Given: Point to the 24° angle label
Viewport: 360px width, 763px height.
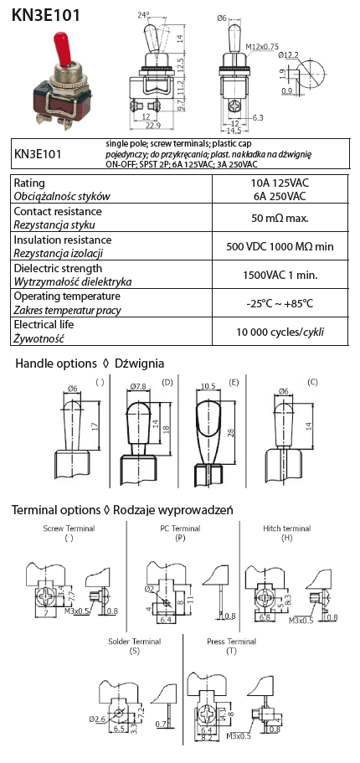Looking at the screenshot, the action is pyautogui.click(x=142, y=15).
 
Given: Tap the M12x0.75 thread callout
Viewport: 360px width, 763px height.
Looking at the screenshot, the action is pyautogui.click(x=262, y=47).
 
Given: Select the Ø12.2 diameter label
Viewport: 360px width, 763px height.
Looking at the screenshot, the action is pyautogui.click(x=289, y=55).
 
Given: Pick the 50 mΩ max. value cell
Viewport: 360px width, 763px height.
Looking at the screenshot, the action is pyautogui.click(x=280, y=218).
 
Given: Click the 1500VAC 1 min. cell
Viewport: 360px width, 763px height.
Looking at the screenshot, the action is pyautogui.click(x=280, y=275).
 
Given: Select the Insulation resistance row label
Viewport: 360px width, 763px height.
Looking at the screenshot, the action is pyautogui.click(x=63, y=240).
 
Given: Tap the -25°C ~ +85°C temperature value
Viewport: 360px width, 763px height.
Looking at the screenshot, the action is pyautogui.click(x=280, y=304).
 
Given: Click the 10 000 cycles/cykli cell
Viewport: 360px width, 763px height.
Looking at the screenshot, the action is pyautogui.click(x=280, y=333).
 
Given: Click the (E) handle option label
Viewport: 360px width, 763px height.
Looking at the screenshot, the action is pyautogui.click(x=234, y=383).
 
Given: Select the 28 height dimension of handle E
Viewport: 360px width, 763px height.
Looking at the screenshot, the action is pyautogui.click(x=230, y=432).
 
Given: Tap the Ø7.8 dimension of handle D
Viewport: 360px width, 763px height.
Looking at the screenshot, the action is pyautogui.click(x=139, y=387).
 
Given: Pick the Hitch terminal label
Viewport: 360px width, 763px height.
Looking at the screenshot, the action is pyautogui.click(x=287, y=528).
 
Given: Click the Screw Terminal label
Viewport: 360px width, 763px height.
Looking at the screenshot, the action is pyautogui.click(x=69, y=528).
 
